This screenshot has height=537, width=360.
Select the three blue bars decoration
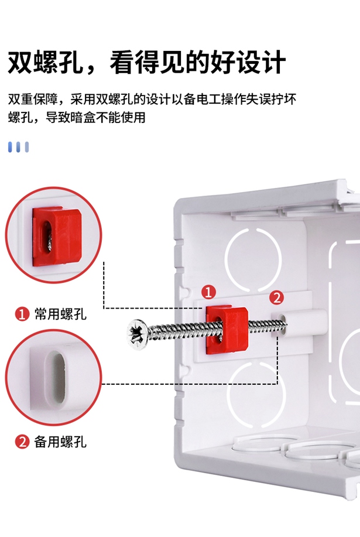pos(18,147)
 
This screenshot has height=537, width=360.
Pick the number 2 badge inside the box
pos(277,297)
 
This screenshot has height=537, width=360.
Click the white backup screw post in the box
pos(304,323)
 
